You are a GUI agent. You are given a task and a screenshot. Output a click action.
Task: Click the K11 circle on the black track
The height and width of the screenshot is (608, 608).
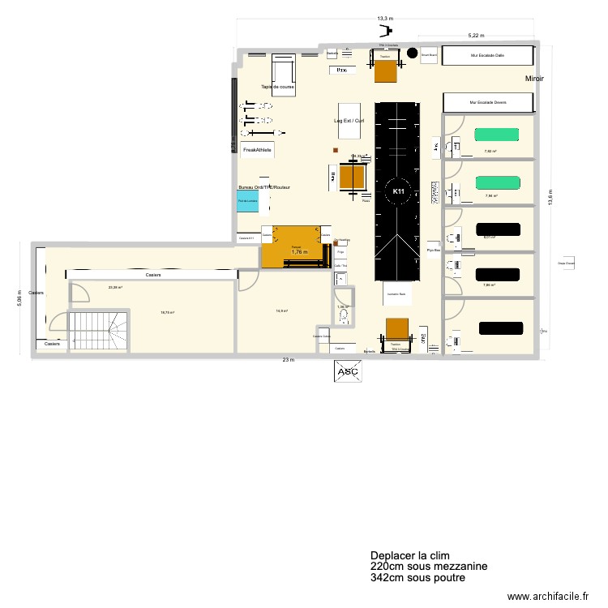coord(398,191)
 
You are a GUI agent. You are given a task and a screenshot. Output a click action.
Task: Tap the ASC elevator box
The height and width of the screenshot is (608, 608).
coord(345,370)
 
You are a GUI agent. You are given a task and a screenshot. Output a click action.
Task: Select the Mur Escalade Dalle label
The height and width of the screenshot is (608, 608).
coord(487,56)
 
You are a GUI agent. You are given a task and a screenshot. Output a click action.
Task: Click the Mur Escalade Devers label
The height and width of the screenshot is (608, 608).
coord(488,103)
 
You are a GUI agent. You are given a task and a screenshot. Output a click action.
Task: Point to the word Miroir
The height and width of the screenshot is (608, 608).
coord(533,78)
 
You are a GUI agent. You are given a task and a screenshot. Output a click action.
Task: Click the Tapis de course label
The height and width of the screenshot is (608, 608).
coord(277,87)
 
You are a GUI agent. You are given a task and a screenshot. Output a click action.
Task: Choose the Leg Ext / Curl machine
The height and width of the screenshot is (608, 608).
coord(349,120)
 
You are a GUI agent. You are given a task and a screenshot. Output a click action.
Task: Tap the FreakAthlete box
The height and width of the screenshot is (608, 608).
coord(257,150)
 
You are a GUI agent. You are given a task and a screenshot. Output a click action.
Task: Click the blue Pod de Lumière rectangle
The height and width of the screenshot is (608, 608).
coord(247,201)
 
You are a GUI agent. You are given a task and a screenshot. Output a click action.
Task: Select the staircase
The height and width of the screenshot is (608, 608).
coord(97,332)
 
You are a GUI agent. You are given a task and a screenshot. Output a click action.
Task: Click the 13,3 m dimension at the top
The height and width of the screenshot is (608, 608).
coord(385,18)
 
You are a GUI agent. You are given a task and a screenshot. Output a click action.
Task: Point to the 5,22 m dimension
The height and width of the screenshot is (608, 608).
coord(477,35)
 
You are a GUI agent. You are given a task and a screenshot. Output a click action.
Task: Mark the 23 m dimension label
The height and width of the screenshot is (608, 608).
coord(288,359)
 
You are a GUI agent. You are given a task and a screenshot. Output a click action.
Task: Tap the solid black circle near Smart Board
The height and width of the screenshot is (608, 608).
coord(411,55)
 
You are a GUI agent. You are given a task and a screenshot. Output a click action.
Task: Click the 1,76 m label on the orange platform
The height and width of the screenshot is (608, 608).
coord(300,252)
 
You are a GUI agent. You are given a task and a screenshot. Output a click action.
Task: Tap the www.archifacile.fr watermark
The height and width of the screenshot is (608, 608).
coord(548,597)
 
